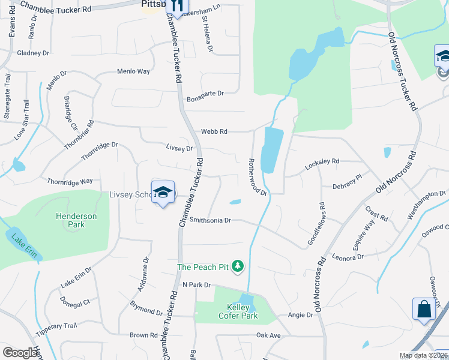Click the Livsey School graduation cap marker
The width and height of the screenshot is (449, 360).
click(x=163, y=192)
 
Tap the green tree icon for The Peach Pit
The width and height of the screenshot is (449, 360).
click(x=238, y=266)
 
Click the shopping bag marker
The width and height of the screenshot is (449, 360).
click(x=424, y=309)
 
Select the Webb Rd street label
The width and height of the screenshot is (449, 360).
click(x=214, y=131)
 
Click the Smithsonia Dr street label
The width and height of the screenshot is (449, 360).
click(x=210, y=220)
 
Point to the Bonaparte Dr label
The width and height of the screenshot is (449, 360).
click(x=205, y=94)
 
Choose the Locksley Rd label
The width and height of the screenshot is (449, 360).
click(x=322, y=161)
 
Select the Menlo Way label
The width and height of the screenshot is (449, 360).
click(x=133, y=71)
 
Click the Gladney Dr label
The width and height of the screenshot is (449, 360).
click(x=33, y=53)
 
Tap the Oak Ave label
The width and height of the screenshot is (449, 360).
click(x=268, y=335)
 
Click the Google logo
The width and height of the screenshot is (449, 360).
click(x=20, y=353)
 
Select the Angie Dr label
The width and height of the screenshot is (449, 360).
click(x=301, y=314)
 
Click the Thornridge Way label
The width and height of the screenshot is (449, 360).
click(x=70, y=181)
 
